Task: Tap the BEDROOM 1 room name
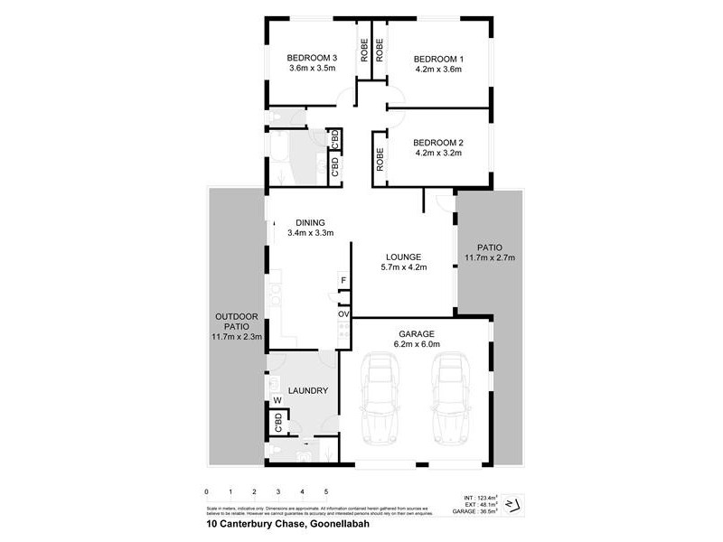tap(437, 57)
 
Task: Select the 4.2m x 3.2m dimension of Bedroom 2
tap(437, 154)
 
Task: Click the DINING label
tap(310, 223)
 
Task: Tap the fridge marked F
tap(343, 281)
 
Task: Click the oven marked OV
tap(343, 313)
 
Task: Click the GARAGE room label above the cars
tap(416, 332)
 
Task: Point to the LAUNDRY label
tap(306, 391)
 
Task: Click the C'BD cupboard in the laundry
tap(278, 422)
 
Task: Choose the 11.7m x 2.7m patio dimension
tap(489, 257)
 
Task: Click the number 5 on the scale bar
tap(326, 491)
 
